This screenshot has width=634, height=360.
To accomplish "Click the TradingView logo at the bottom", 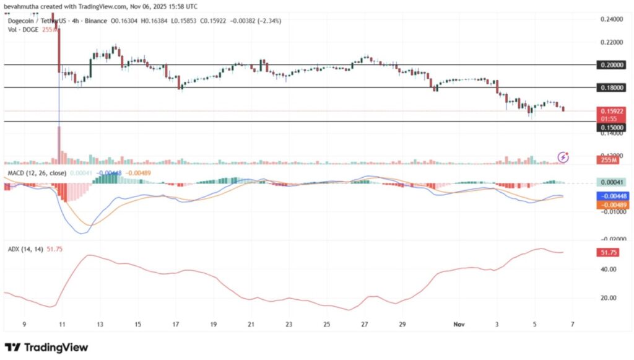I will (46, 348).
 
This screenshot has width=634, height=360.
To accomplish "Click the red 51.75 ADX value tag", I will (610, 253).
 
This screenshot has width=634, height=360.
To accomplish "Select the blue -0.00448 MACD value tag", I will (610, 196).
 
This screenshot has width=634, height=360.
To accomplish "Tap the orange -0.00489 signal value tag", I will (610, 204).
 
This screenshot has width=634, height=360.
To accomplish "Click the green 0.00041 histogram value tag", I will (610, 183).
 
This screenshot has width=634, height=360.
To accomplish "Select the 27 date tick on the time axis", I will (365, 324).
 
